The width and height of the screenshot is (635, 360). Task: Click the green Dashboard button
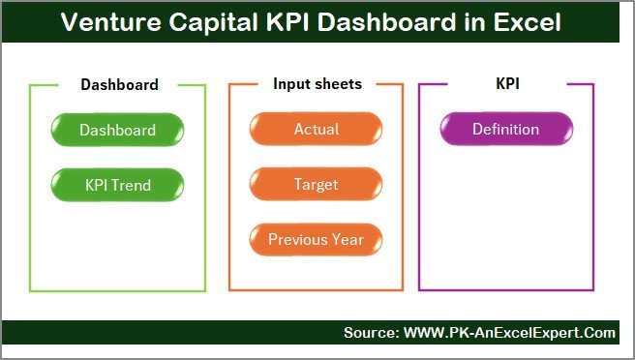117,130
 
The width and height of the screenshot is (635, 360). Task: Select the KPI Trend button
117,184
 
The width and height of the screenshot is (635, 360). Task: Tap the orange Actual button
316,130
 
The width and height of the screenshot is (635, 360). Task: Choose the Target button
316,184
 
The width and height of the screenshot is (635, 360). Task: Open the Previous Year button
316,239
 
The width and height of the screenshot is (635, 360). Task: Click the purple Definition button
505,130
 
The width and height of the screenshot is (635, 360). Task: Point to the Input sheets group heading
317,84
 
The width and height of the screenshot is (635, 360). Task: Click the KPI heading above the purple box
506,84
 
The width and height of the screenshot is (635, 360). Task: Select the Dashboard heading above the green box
119,84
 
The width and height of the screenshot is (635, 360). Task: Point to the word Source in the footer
369,333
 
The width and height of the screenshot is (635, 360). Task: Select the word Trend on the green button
134,184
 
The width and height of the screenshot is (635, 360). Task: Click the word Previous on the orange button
298,239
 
